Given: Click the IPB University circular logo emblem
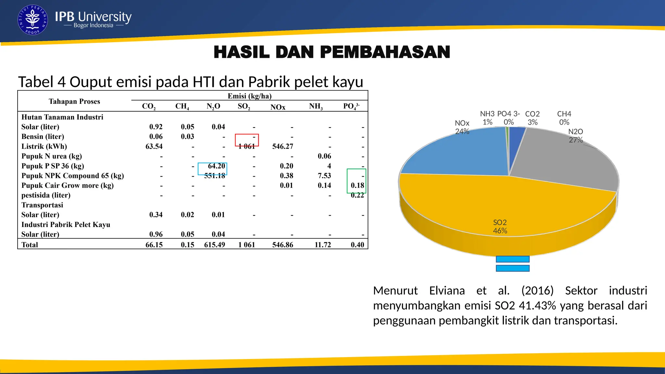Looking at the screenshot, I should [32, 20].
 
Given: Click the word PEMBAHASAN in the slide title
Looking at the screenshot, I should [385, 52].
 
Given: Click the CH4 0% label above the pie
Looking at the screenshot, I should [564, 118].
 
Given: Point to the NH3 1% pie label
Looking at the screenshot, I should [487, 118].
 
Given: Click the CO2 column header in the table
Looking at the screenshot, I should [149, 106].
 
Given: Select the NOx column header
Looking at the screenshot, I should [278, 107].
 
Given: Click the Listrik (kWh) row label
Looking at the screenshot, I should [44, 146].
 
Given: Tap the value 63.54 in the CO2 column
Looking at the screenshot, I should [154, 146].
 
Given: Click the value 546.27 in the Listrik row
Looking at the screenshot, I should [282, 146].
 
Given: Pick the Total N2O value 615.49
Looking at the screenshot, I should [214, 245].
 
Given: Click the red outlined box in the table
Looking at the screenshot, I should [247, 140].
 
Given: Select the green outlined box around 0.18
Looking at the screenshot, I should [356, 181].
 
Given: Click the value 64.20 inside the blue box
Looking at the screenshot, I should [216, 166].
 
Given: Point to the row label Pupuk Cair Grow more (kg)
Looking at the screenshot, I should [68, 185].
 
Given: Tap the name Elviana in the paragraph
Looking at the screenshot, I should [447, 291].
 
